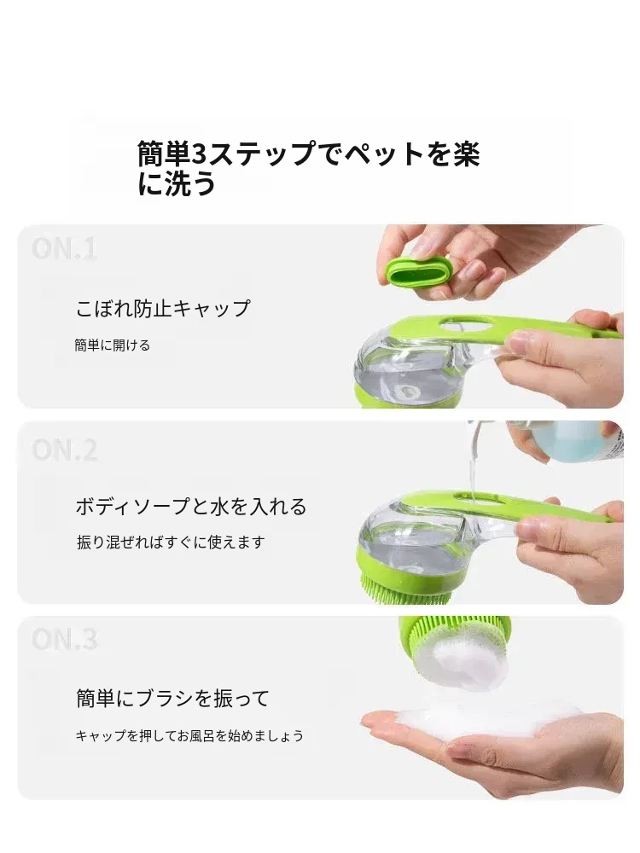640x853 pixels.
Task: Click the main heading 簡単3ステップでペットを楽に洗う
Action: pos(308,168)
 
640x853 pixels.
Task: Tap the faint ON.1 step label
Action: pos(64,249)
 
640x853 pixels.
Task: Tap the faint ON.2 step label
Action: pos(64,450)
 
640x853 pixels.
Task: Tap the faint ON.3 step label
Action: pos(64,639)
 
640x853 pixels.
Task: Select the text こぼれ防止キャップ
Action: pos(163,309)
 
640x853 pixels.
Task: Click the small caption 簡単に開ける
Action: pos(112,345)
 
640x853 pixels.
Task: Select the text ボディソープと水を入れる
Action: pos(191,507)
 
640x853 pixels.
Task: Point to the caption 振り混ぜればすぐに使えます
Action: pos(171,542)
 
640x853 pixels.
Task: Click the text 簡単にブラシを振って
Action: pos(172,698)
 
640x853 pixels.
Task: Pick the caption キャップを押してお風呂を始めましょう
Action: pos(189,735)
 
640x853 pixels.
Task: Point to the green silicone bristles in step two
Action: pos(406,590)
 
